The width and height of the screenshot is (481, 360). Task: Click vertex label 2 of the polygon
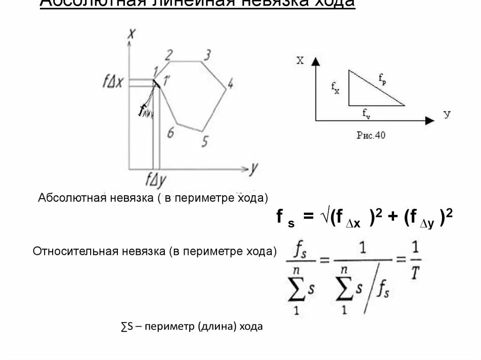tap(169, 54)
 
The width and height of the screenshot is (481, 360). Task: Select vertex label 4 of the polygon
tap(230, 84)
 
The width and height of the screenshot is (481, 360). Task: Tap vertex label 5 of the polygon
tap(204, 141)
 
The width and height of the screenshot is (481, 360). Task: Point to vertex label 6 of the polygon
tap(171, 132)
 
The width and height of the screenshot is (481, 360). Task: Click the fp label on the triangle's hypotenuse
tap(382, 80)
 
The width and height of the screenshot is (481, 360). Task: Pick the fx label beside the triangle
tap(335, 87)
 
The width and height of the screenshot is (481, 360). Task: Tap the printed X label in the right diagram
tap(300, 60)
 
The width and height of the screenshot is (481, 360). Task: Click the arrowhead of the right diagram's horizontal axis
tap(429, 121)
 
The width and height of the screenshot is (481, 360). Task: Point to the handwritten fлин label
tap(146, 112)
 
